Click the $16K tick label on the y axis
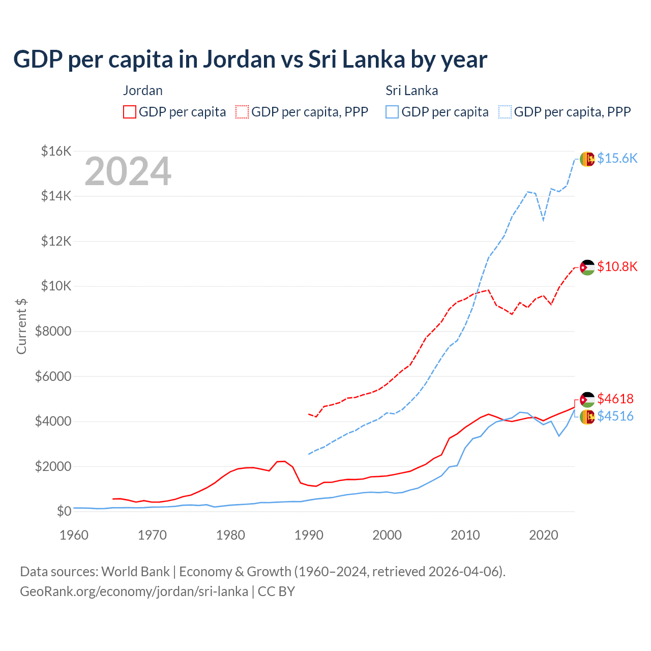(56, 151)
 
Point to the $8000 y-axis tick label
(53, 332)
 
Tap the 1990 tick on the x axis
(309, 535)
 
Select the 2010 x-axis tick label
(465, 535)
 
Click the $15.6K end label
(617, 158)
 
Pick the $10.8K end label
(617, 267)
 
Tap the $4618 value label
(615, 399)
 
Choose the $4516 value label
(615, 416)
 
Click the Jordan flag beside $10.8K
(587, 267)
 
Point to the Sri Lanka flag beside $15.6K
(587, 159)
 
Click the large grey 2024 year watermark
(128, 172)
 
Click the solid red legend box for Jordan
(130, 112)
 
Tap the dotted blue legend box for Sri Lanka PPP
(505, 112)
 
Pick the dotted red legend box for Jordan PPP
(242, 112)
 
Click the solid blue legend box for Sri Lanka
(392, 112)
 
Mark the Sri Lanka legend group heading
(411, 91)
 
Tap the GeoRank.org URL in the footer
(134, 591)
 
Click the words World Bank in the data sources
(135, 572)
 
